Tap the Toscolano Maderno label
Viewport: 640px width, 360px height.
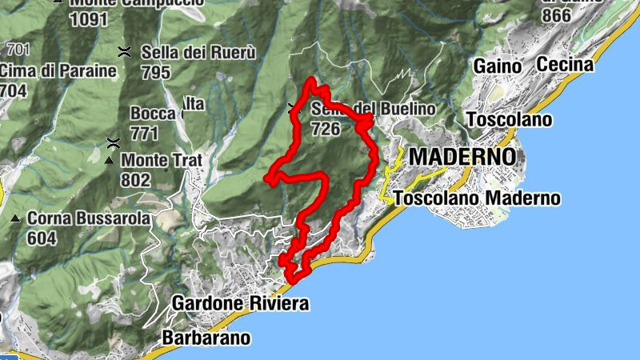coord(478,198)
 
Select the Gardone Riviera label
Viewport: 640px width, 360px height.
coord(240,303)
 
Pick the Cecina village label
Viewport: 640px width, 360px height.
coord(566,64)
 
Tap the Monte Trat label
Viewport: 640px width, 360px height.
coord(162,160)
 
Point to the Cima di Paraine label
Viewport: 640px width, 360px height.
coord(58,71)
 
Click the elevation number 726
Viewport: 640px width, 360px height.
coord(326,129)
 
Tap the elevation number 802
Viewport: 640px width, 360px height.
coord(135,180)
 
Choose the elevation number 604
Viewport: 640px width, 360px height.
coord(42,238)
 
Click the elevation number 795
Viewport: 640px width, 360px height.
coord(155,73)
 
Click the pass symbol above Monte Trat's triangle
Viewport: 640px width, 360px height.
coord(114,143)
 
